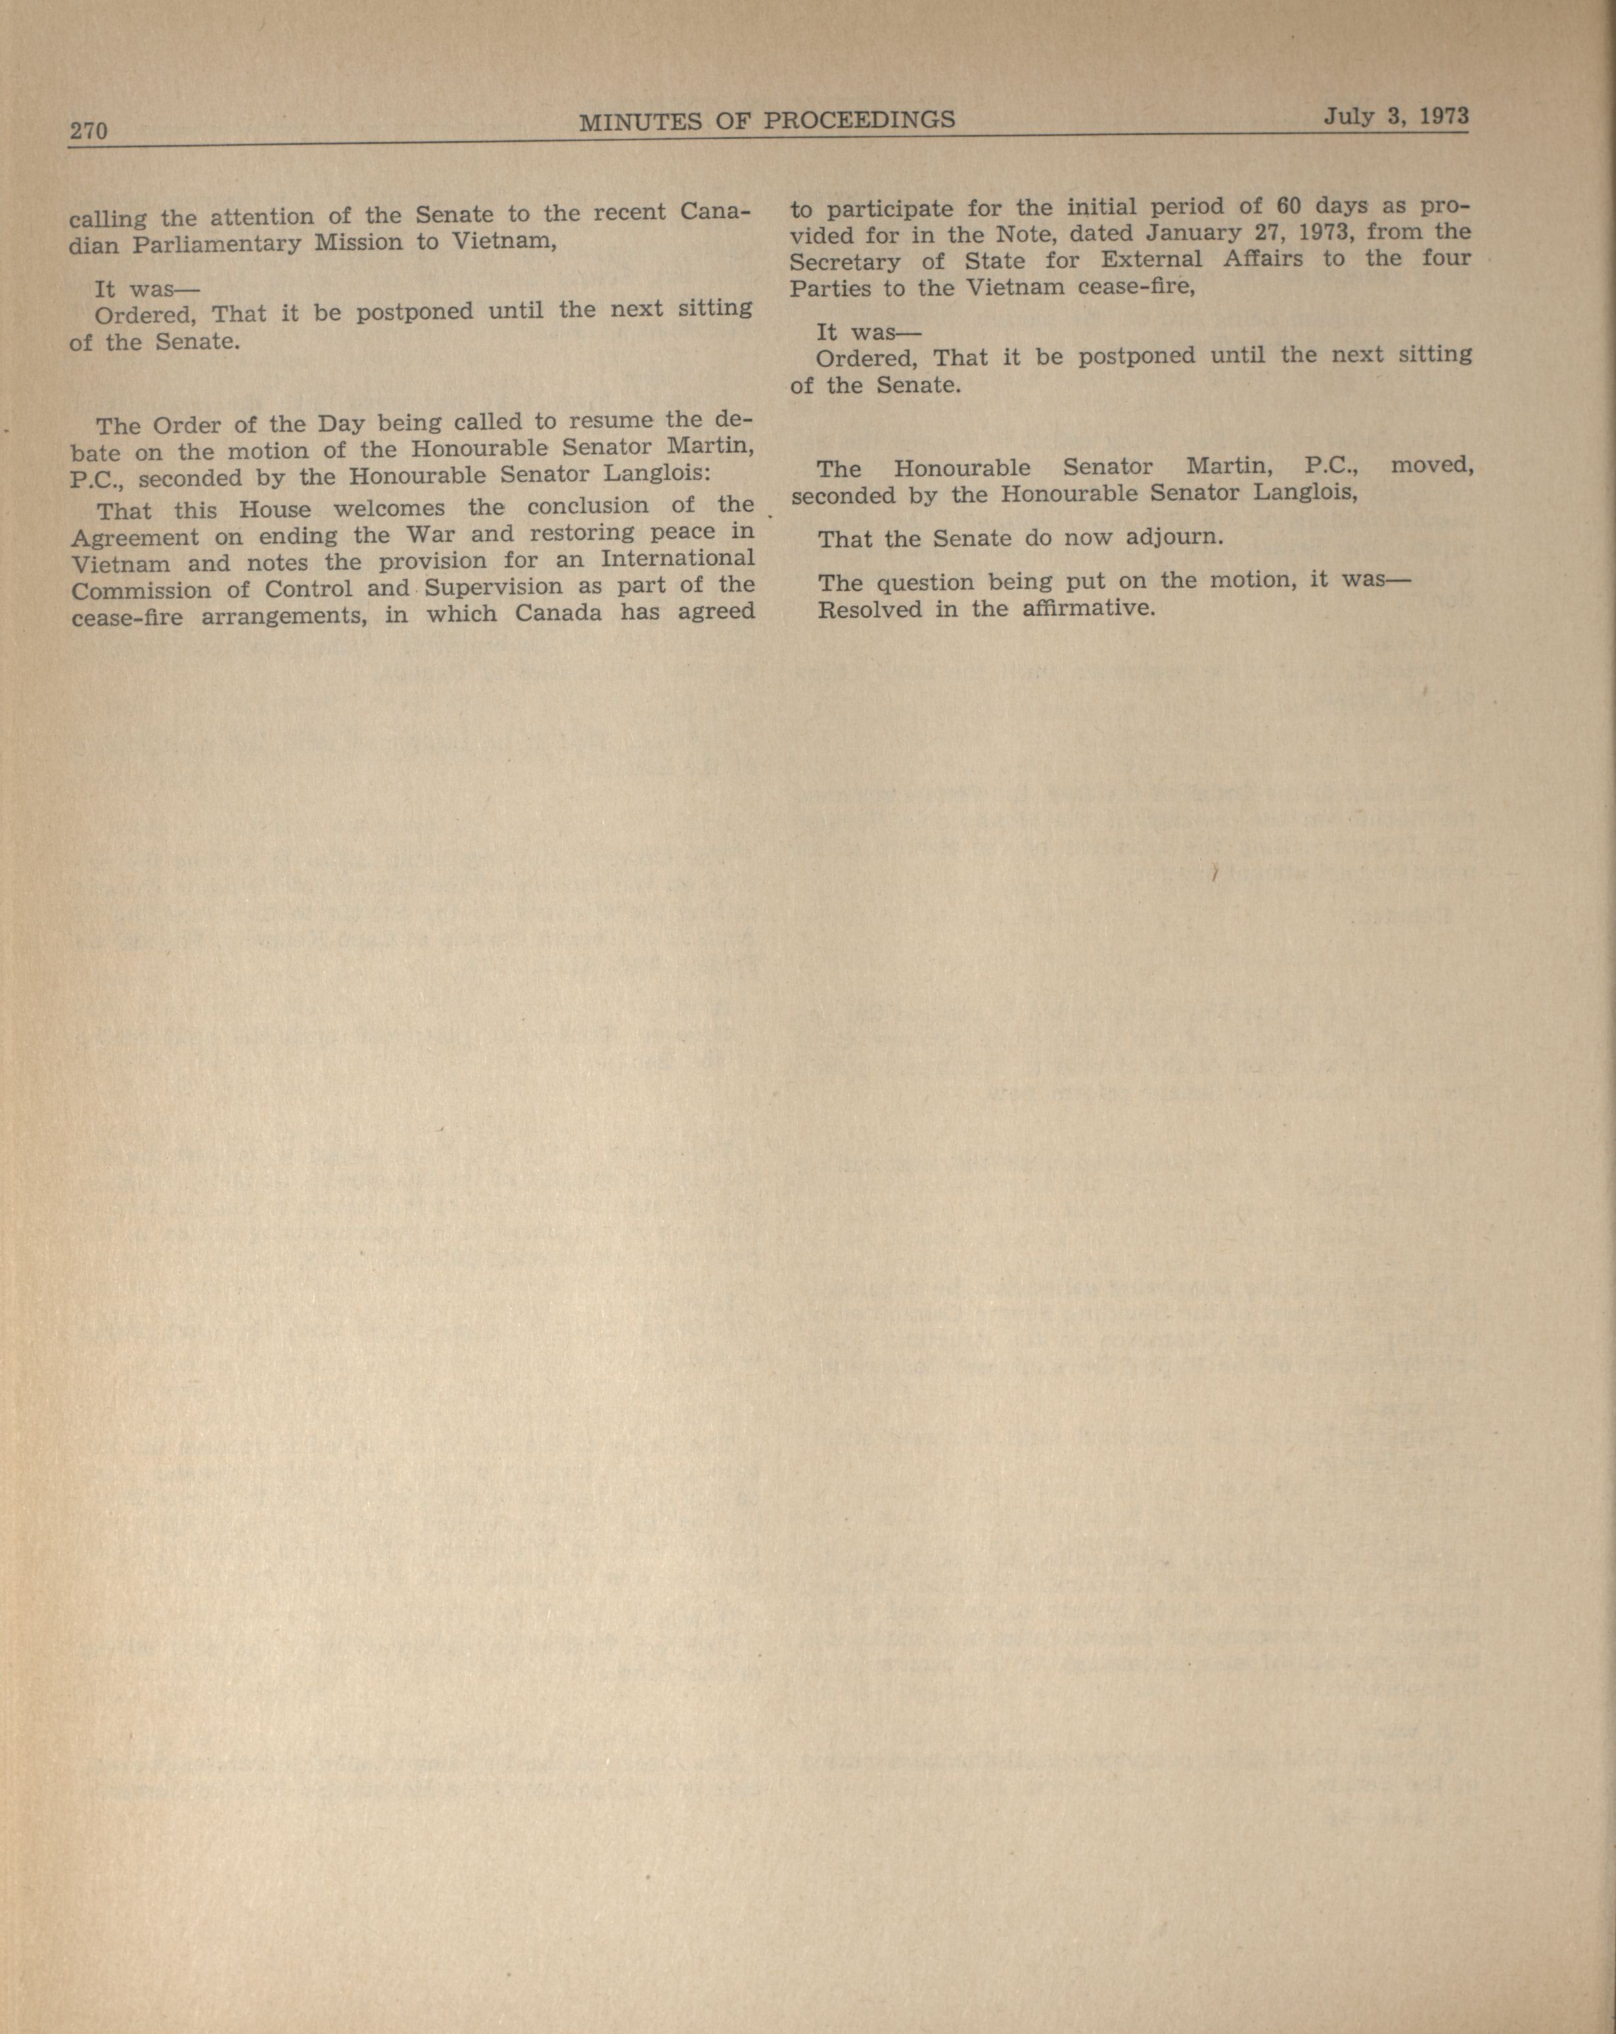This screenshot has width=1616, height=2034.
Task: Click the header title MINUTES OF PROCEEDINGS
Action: point(766,120)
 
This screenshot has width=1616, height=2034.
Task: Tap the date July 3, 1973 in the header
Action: point(1395,116)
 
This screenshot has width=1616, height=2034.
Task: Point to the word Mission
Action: point(358,243)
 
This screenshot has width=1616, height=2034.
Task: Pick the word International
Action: point(678,557)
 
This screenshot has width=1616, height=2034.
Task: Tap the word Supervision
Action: point(494,588)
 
